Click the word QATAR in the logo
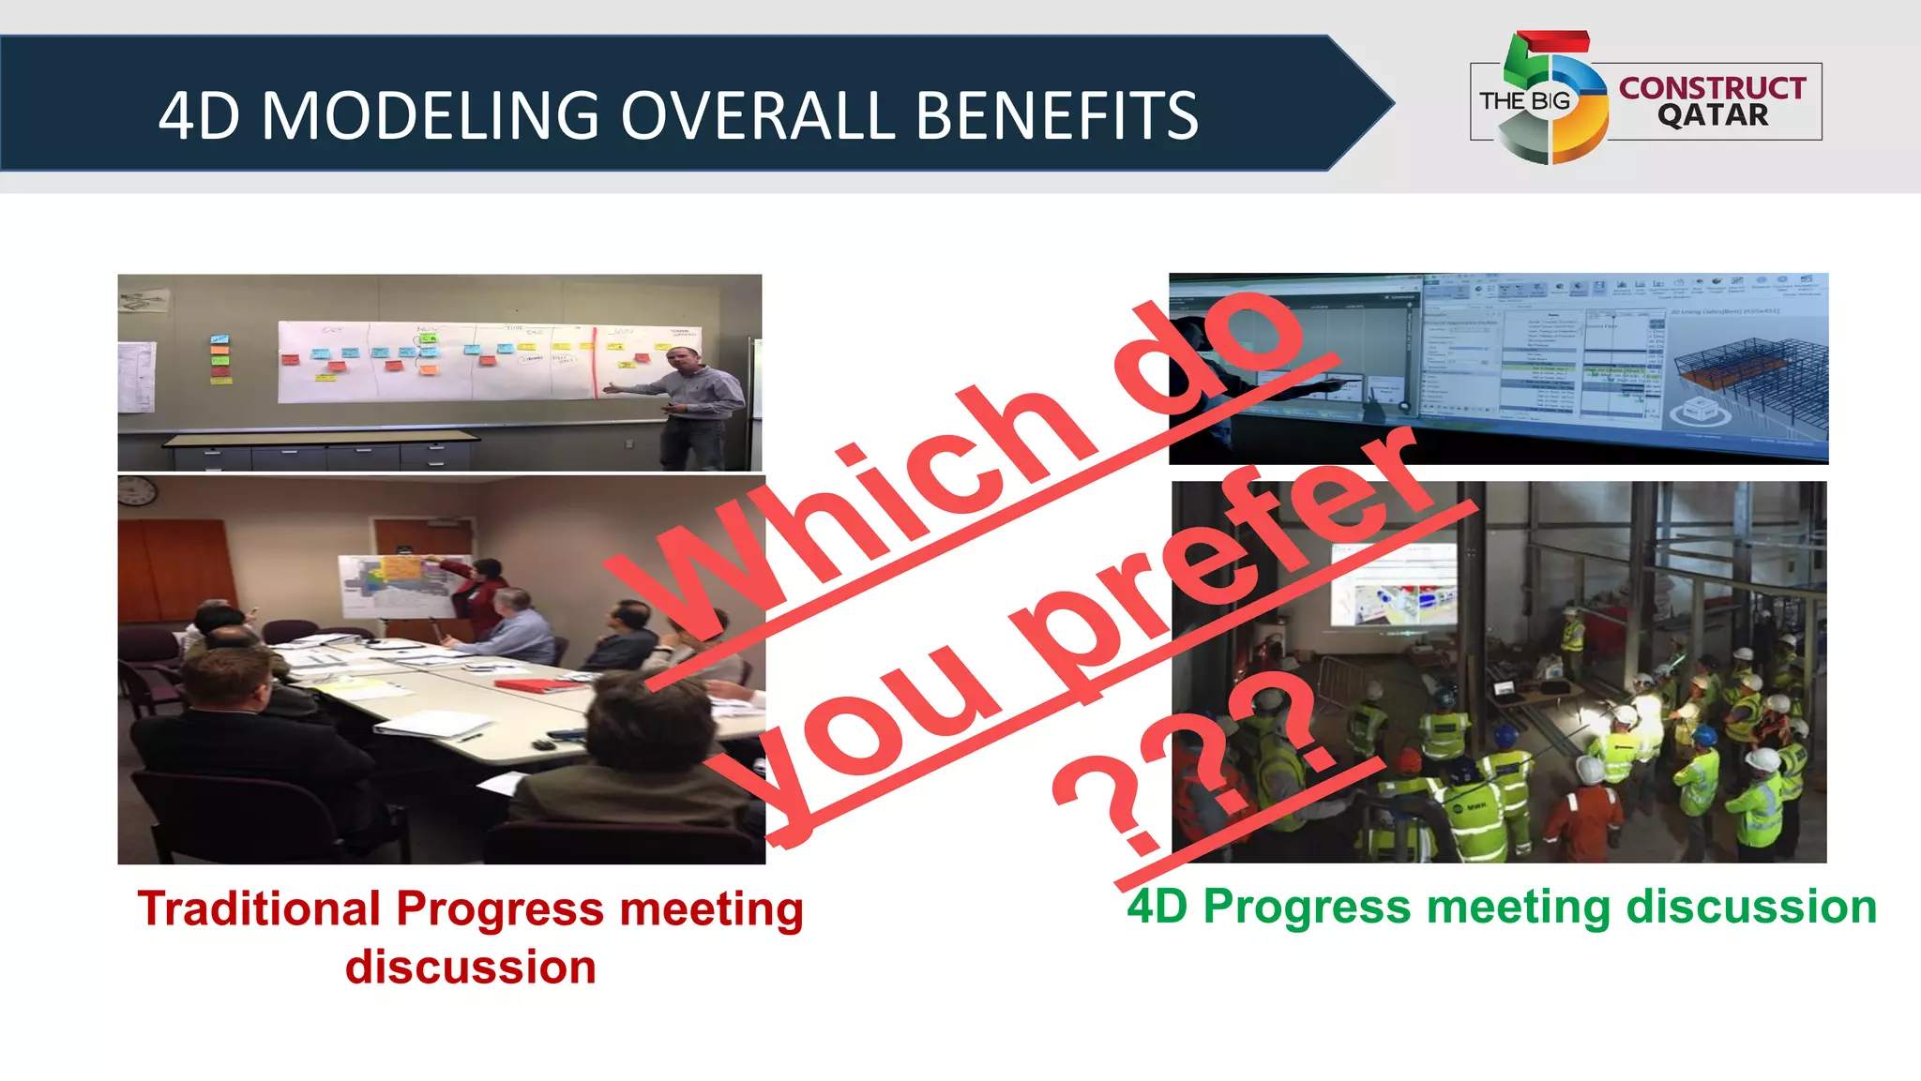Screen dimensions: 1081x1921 [1712, 115]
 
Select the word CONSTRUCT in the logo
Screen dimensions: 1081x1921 [1712, 87]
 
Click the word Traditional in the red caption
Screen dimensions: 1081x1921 [259, 908]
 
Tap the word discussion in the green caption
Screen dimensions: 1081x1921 [1750, 907]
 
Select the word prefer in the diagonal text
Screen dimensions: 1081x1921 [1219, 563]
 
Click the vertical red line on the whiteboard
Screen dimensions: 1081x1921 [595, 362]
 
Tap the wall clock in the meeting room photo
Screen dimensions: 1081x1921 [137, 489]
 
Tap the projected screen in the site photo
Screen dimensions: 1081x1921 [1394, 585]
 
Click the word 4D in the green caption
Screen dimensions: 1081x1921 [1157, 907]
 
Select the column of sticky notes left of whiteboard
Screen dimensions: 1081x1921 [219, 358]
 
